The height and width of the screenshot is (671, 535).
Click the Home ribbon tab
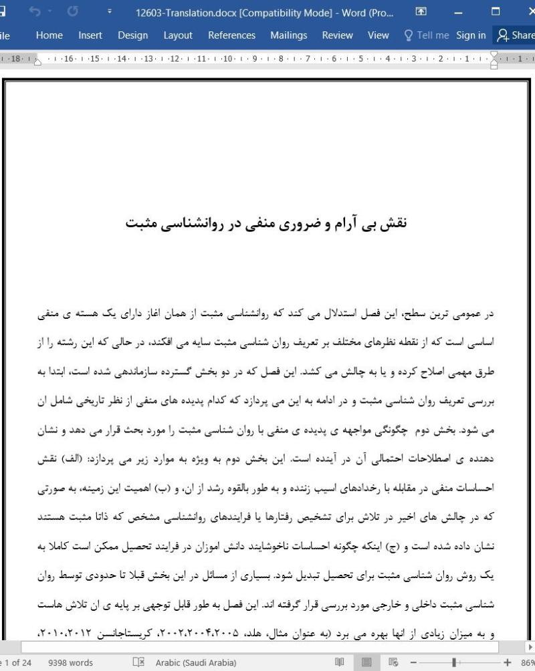point(49,35)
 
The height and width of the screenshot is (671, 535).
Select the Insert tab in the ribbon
point(90,35)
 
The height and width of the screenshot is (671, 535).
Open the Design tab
point(132,35)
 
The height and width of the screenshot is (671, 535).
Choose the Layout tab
point(178,35)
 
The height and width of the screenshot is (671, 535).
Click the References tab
point(231,35)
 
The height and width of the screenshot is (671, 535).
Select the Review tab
point(337,35)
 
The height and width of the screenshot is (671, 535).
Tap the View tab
point(378,35)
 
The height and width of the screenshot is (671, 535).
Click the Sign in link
point(471,35)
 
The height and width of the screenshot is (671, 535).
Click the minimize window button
point(458,11)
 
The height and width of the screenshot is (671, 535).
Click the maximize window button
point(496,11)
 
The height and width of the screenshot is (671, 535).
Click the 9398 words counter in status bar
point(71,662)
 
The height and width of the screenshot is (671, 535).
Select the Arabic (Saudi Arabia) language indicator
point(196,662)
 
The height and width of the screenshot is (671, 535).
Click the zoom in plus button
point(508,662)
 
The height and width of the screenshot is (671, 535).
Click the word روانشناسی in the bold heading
point(196,223)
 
